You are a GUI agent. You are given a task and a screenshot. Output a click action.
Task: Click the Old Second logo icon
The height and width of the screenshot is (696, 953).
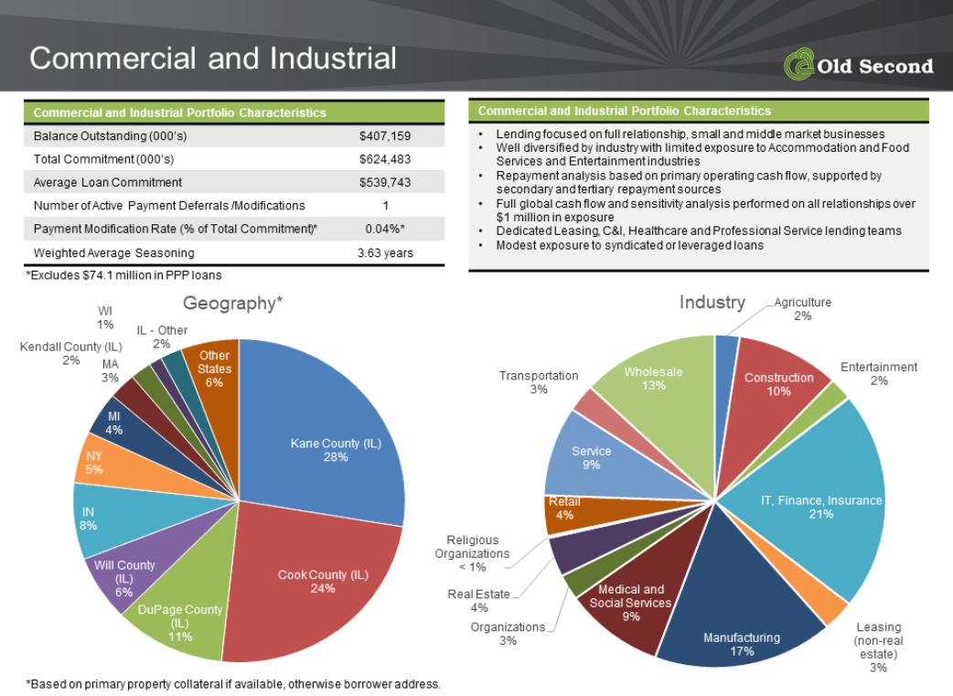[798, 64]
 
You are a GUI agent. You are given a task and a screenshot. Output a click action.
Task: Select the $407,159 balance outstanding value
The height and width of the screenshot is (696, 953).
[385, 136]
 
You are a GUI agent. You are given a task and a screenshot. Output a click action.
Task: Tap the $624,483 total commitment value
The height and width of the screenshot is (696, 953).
[385, 159]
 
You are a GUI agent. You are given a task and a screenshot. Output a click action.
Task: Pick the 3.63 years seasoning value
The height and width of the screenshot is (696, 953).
[385, 252]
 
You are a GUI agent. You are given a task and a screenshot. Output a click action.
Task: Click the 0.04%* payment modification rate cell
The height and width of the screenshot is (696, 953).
[385, 230]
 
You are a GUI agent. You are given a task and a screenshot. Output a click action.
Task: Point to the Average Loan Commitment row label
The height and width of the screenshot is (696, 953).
[108, 182]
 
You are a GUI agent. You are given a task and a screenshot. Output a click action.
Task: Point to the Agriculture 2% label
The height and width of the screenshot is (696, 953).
[802, 309]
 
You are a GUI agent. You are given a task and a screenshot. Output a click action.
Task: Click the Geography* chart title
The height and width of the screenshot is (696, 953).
[233, 303]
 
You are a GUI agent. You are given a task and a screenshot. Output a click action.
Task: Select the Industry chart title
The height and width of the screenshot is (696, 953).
[712, 302]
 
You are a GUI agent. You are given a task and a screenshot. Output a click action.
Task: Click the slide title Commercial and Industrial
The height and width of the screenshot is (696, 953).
[213, 59]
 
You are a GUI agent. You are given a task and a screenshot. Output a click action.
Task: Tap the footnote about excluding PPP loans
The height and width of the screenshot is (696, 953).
[124, 275]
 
